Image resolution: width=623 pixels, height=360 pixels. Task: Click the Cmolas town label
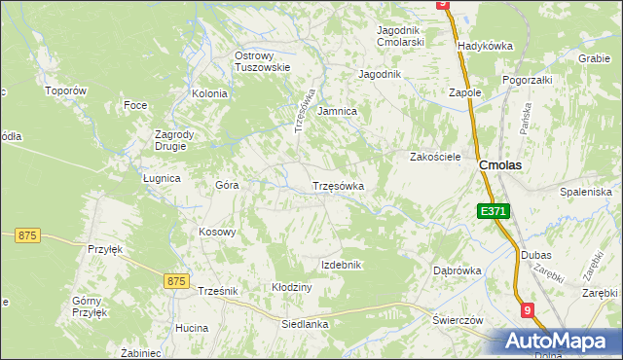(499, 165)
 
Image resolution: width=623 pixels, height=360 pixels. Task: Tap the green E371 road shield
(493, 211)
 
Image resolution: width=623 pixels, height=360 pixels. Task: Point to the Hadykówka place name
(485, 46)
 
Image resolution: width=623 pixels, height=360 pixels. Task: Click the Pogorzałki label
(528, 80)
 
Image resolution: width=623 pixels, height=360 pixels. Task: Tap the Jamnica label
(338, 112)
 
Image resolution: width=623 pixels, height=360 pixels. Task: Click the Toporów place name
(66, 90)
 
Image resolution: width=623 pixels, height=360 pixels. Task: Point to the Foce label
(134, 104)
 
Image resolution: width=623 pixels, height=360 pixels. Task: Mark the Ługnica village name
(162, 178)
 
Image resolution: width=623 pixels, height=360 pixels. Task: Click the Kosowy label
(217, 232)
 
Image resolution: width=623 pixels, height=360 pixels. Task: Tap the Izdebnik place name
(342, 265)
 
